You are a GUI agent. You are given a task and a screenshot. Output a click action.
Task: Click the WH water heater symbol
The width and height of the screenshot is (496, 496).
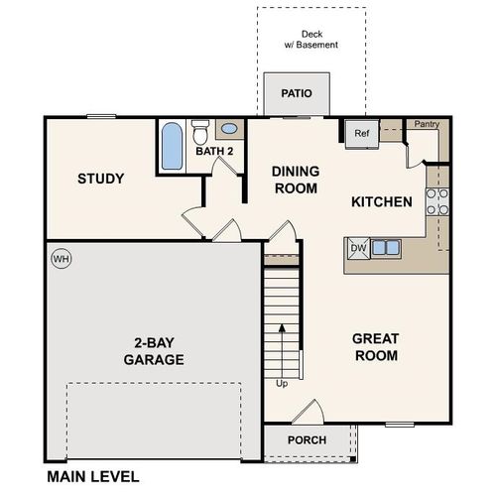point(62,258)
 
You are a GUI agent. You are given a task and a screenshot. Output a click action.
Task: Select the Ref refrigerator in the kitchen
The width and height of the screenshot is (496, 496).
point(361,133)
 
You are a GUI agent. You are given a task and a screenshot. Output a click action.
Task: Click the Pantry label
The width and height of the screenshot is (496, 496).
point(427,124)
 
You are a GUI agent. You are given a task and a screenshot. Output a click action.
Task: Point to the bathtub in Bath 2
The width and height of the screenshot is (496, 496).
point(172,146)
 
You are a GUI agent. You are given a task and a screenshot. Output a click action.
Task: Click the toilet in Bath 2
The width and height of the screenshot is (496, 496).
point(200,131)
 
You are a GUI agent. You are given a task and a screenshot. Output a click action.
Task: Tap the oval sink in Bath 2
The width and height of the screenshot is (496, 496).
point(229,129)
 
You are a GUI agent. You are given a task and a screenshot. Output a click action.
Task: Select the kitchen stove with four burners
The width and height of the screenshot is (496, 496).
point(435,202)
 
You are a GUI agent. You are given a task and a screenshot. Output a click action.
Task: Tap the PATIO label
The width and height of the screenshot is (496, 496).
point(296,94)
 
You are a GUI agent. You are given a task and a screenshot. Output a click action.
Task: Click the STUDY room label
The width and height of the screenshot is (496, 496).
point(101,179)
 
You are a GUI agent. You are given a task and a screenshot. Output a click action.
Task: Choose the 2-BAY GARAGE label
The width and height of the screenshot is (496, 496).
point(153,351)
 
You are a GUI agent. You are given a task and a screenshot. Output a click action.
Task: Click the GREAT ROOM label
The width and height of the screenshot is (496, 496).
point(375,346)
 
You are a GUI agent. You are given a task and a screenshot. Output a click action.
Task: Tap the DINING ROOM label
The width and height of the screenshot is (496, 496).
point(295,179)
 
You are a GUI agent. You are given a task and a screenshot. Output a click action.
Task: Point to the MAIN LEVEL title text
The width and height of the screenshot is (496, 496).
point(92,477)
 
